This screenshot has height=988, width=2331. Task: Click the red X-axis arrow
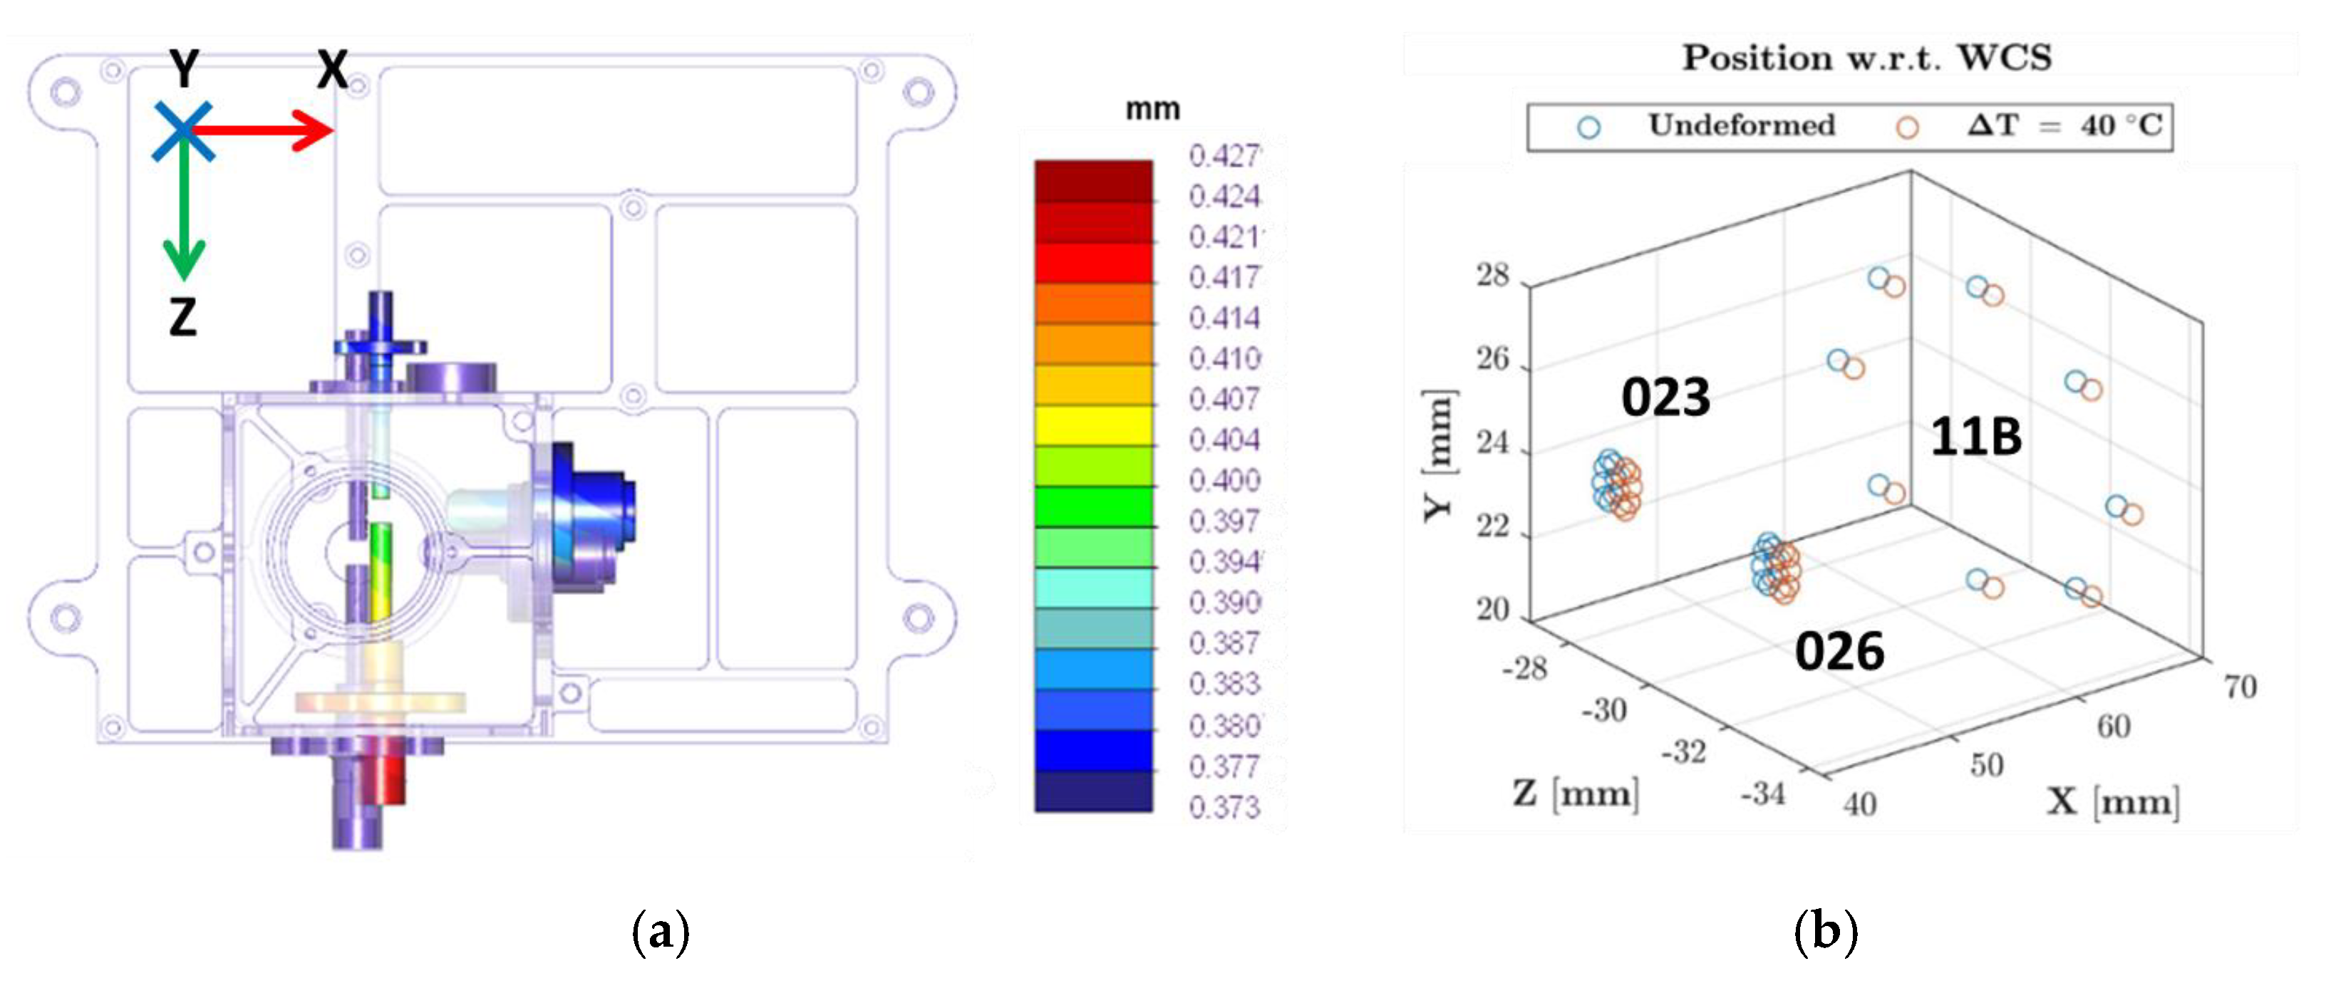(262, 131)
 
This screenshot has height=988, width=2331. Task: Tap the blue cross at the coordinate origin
(182, 131)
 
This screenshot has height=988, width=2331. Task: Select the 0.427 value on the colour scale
(1224, 155)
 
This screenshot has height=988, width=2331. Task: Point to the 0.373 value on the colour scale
(1224, 807)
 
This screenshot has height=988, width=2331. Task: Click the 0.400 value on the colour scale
(1224, 479)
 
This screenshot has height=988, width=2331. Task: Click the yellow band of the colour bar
(1093, 425)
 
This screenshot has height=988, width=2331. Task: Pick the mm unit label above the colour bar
(1152, 110)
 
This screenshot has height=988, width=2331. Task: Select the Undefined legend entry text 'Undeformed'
(1741, 125)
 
